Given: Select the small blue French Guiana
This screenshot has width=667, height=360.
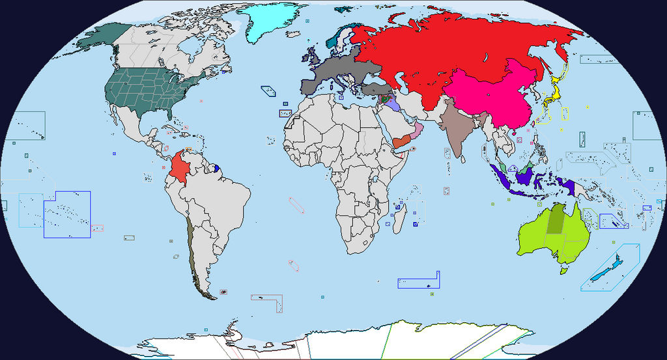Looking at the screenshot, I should pyautogui.click(x=216, y=169).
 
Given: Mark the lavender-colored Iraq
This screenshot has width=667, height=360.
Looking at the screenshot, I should pyautogui.click(x=392, y=104).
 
